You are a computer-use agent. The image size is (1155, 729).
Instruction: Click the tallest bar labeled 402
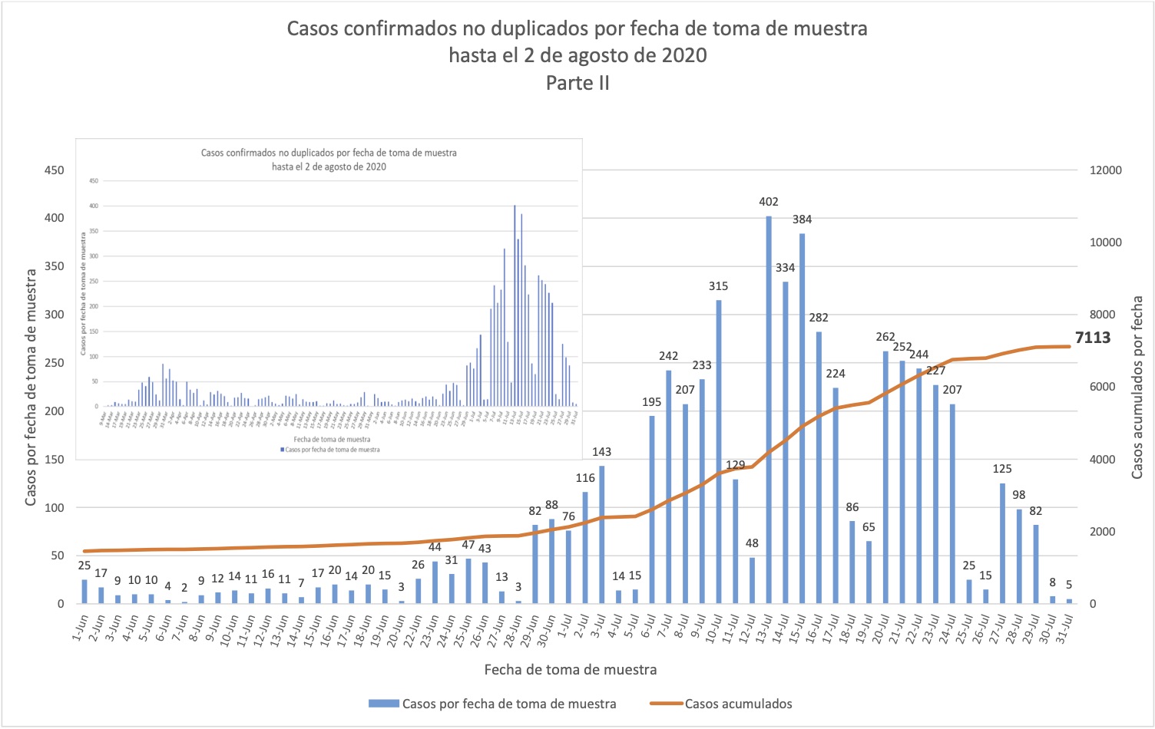[x=769, y=410]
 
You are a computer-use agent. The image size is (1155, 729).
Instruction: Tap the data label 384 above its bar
[x=802, y=219]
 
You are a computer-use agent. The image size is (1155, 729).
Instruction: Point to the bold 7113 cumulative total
[x=1093, y=338]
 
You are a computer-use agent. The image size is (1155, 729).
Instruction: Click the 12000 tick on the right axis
[x=1105, y=170]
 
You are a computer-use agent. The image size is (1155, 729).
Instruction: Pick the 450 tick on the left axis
[x=55, y=170]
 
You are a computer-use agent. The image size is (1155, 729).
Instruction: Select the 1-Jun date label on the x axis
[x=81, y=628]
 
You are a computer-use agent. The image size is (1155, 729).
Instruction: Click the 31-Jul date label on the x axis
[x=1065, y=629]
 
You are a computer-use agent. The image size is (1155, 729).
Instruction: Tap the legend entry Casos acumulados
[x=738, y=704]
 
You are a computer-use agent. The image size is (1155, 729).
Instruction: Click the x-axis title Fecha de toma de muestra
[x=570, y=670]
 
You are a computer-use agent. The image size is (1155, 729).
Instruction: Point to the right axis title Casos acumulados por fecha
[x=1137, y=388]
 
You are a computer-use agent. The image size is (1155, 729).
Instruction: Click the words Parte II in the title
[x=577, y=83]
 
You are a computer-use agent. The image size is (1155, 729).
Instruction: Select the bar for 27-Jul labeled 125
[x=1002, y=543]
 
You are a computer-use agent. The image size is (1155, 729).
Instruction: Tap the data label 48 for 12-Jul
[x=752, y=543]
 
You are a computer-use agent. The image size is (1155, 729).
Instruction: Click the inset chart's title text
[x=329, y=160]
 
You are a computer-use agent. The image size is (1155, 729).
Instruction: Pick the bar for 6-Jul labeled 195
[x=652, y=510]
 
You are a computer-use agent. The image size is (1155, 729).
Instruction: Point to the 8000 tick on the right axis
[x=1102, y=315]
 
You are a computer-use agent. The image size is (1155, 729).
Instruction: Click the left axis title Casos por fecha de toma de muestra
[x=31, y=388]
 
